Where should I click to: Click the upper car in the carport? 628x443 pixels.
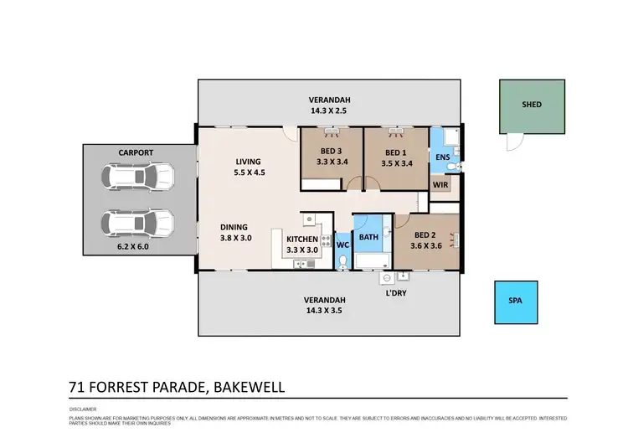click(136, 177)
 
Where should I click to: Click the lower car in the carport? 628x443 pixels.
click(136, 223)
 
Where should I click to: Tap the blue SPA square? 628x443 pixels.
click(513, 301)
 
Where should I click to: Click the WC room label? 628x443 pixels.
click(342, 245)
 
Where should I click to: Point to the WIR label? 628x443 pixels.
click(440, 185)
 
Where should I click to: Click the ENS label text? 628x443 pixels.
click(442, 157)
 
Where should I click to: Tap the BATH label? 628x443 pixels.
click(369, 237)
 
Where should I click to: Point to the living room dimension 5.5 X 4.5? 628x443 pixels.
click(249, 173)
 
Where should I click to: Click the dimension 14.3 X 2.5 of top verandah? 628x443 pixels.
click(327, 110)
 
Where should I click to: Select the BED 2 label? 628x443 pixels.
click(425, 234)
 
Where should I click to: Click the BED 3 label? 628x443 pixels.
click(332, 152)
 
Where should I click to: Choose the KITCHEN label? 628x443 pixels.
click(302, 238)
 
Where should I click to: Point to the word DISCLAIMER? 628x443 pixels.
click(84, 410)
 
